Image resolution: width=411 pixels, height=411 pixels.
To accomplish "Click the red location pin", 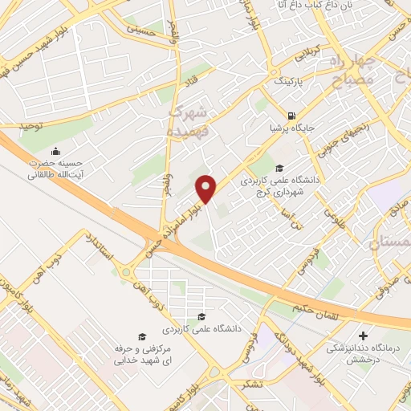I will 207,188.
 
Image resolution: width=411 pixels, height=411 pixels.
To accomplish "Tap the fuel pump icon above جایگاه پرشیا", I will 290,115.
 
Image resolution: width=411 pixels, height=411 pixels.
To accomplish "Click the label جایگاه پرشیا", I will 290,127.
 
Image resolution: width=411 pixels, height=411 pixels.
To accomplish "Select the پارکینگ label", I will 291,82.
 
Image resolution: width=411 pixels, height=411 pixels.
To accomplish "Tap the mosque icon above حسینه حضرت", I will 55,151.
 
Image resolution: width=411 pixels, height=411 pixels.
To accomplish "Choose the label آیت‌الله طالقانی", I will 55,174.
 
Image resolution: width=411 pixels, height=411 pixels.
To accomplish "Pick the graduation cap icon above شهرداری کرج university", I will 279,168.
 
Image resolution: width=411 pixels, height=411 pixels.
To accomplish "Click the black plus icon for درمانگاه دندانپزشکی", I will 364,336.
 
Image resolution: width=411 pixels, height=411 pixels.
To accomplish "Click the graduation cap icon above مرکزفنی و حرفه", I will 142,336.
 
